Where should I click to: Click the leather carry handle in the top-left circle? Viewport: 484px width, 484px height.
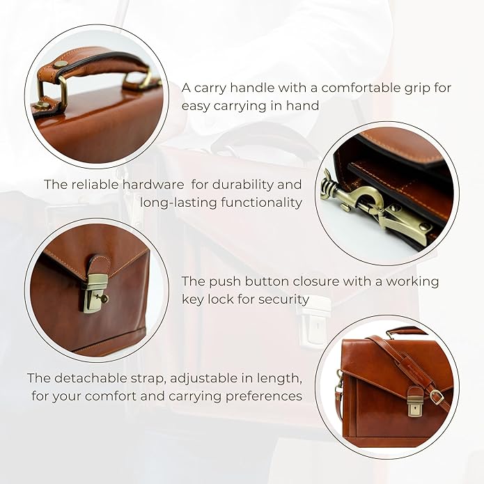tap(91, 63)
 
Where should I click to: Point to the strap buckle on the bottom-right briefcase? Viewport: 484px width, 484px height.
tap(436, 396)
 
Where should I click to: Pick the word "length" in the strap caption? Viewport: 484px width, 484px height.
tap(274, 377)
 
